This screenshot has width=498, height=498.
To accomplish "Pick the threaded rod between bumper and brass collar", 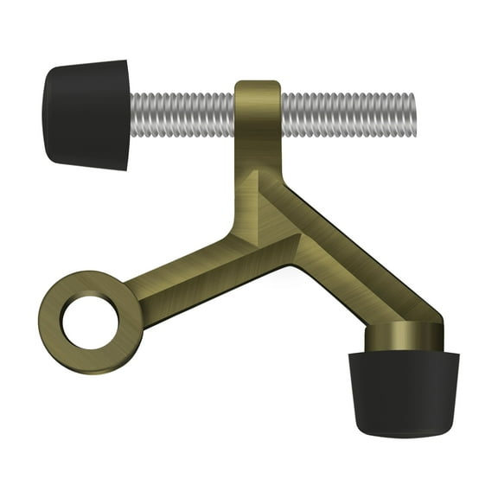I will (182, 112).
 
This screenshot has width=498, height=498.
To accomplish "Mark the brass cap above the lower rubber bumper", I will (403, 337).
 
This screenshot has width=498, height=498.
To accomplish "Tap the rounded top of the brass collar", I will (258, 85).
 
